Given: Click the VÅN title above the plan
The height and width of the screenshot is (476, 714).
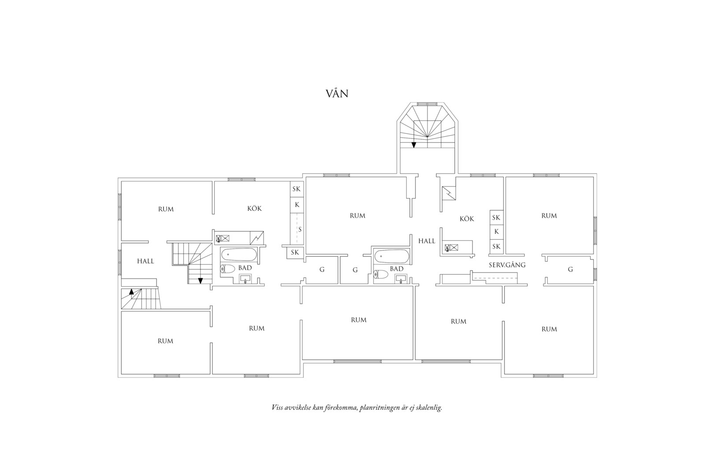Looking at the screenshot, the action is (337, 93).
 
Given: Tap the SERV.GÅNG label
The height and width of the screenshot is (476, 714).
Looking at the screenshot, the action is (507, 264).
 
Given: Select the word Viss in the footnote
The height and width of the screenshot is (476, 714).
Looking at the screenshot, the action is (278, 407).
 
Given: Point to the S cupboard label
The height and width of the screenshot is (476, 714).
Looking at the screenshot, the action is (300, 229).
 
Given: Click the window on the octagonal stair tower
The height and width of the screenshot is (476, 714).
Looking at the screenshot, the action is (427, 104).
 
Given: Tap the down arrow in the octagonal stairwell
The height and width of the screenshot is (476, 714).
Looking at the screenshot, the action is (414, 145).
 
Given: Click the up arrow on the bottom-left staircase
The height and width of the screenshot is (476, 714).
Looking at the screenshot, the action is (131, 291).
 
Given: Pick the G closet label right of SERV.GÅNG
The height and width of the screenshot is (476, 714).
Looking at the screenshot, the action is (570, 269).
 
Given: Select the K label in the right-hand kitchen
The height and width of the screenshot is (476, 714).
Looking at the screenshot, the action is (496, 232).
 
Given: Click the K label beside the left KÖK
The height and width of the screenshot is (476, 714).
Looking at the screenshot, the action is (297, 205).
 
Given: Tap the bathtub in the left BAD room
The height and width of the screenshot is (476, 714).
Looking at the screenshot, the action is (239, 255).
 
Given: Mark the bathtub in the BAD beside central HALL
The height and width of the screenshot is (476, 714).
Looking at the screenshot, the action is (392, 256).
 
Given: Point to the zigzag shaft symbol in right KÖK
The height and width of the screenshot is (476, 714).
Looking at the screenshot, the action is (449, 193).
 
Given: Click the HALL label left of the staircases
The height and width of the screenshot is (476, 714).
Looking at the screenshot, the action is (146, 261).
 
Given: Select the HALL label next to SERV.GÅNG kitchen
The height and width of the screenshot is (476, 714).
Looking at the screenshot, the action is (427, 241).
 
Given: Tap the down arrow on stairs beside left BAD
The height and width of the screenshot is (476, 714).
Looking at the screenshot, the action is (201, 281).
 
